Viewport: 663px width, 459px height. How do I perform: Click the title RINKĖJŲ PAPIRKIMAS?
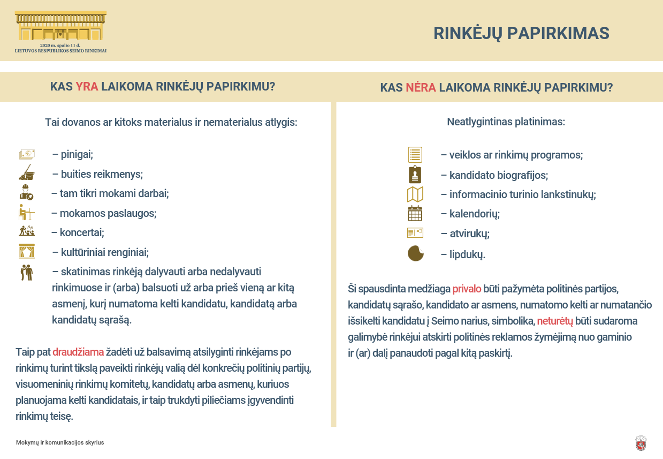point(521,33)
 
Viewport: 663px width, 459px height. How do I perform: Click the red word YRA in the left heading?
point(87,86)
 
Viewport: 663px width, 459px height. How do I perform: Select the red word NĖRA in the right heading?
point(421,87)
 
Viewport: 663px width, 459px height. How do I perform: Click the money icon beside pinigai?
point(27,155)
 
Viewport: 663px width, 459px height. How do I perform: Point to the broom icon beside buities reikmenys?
point(27,172)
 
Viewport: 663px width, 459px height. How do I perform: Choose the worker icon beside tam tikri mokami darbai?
point(27,192)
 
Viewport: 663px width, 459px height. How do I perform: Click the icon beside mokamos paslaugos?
point(27,213)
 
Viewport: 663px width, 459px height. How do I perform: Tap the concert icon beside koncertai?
point(27,231)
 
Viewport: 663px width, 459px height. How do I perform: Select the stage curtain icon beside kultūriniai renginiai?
point(27,251)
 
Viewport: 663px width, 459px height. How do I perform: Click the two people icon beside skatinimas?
point(27,272)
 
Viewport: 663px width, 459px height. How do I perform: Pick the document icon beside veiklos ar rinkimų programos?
point(415,155)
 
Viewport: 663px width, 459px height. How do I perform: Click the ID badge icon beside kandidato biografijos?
point(415,175)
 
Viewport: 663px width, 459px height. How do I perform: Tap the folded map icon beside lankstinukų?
point(415,194)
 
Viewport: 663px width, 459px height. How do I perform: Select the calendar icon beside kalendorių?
point(415,214)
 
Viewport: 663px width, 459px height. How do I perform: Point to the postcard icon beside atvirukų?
point(415,233)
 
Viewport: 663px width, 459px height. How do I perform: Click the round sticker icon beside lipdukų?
point(415,253)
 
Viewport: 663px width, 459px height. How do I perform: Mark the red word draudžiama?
point(78,352)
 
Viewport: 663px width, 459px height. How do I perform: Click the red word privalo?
point(467,289)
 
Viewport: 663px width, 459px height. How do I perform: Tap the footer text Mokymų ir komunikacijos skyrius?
point(60,442)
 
